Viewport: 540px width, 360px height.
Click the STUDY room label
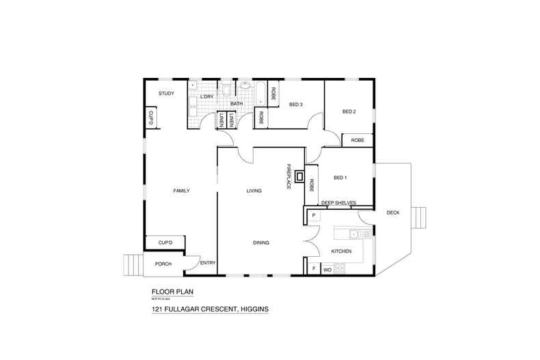coord(166,94)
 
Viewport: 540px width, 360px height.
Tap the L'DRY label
coord(207,97)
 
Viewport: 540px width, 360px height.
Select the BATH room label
coord(237,104)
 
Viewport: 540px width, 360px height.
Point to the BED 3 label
coord(295,104)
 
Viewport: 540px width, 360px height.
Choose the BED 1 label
coord(340,178)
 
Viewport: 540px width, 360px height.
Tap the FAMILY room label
coord(180,191)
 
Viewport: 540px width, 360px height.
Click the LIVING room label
coord(254,191)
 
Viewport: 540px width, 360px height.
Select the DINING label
coord(260,243)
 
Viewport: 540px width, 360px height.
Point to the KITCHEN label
coord(341,251)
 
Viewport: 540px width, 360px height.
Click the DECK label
coord(392,212)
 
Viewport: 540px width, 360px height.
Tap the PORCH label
coord(163,264)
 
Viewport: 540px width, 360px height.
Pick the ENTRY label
coord(207,263)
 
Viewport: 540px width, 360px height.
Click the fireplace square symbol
coord(300,175)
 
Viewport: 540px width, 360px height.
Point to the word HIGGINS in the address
coord(252,309)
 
